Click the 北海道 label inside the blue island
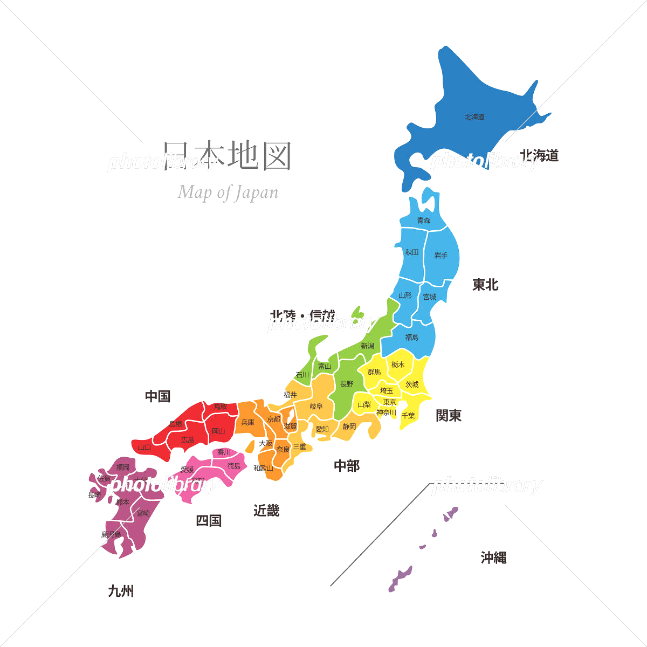point(474,116)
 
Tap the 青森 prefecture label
point(424,220)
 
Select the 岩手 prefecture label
point(441,255)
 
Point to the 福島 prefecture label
point(412,337)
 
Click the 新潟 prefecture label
point(368,346)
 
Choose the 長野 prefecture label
point(347,384)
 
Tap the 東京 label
point(390,402)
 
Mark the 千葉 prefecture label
point(408,416)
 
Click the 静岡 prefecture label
point(349,426)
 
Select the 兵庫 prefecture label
point(248,422)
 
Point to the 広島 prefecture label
point(188,440)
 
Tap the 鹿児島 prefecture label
point(111,534)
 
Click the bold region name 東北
point(485,285)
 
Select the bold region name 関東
point(449,415)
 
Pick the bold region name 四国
point(209,520)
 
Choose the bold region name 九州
point(121,591)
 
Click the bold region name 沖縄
point(493,557)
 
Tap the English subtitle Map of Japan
point(228,192)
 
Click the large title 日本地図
point(228,156)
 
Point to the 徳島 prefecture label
point(234,466)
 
